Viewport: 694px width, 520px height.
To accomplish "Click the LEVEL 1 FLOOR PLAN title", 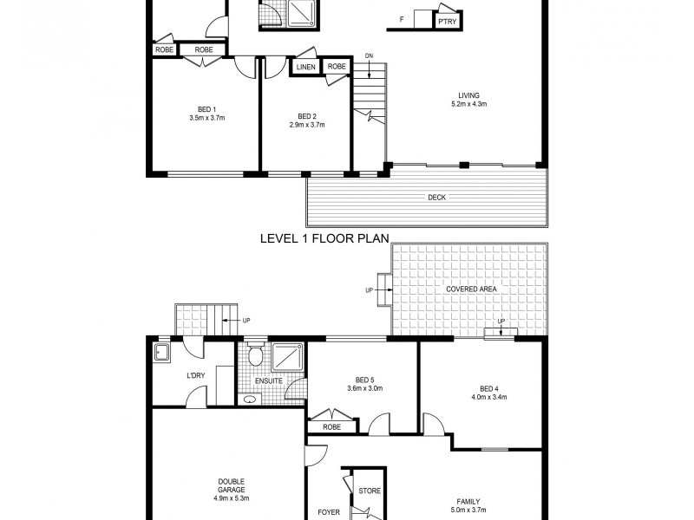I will coord(324,237).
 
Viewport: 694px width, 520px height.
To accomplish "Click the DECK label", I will coord(436,198).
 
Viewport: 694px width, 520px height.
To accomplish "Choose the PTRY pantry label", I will coord(447,21).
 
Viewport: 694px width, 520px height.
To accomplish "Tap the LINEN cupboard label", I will coord(305,68).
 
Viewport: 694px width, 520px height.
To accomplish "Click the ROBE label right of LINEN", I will coord(337,68).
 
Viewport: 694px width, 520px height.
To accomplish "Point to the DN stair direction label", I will coord(368,55).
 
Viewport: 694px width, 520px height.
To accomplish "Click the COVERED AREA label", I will coord(471,289).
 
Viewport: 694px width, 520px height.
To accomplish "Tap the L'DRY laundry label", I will coord(195,374).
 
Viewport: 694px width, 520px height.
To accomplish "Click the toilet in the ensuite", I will coord(256,357).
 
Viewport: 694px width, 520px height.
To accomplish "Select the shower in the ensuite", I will coord(288,357).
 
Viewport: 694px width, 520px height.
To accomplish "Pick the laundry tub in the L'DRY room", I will coord(161,351).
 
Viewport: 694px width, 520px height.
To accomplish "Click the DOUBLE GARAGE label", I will coord(230,486).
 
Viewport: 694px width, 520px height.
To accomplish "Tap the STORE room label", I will coord(370,491).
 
